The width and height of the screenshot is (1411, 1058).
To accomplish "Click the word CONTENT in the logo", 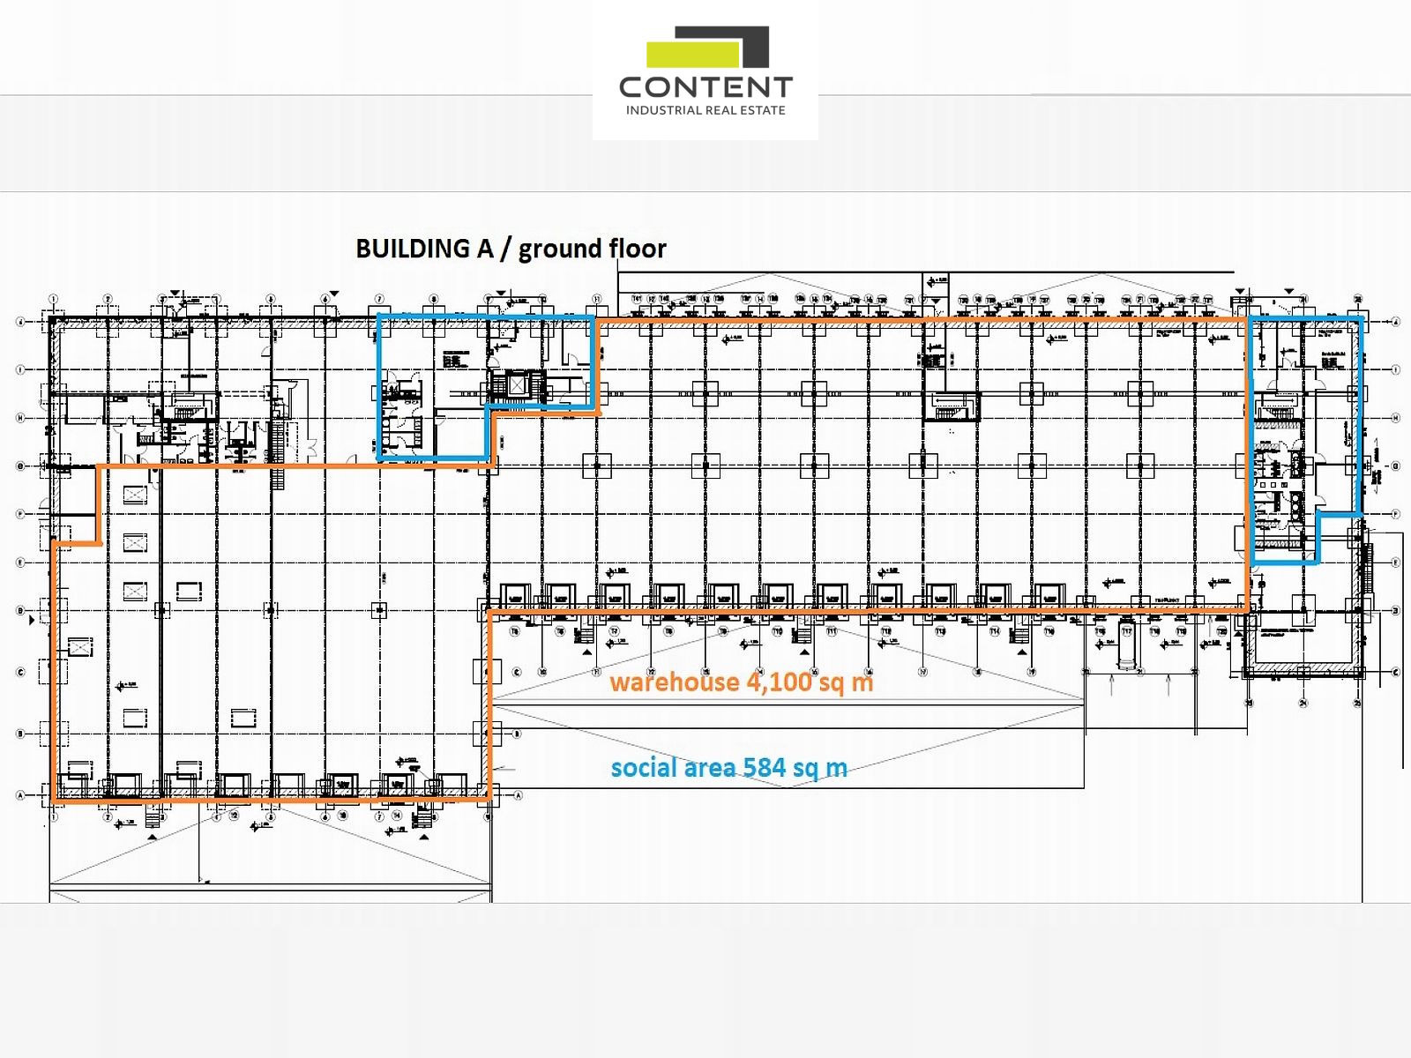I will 705,87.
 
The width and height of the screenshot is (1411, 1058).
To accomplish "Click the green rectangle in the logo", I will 692,55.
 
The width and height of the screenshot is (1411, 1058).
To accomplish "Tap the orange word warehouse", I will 675,682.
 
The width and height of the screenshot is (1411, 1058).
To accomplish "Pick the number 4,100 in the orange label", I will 779,682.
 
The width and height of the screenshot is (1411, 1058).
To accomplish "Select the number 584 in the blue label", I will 764,768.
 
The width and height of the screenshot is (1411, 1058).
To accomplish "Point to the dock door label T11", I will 832,632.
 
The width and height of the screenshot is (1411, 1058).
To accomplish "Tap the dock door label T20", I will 1221,632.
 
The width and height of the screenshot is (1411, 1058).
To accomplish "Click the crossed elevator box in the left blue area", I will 516,385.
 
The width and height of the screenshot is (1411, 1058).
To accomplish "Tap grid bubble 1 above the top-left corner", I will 54,300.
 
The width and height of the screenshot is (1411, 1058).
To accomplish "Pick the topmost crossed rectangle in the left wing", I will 135,495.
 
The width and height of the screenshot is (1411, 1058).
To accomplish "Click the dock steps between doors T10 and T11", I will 803,637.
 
